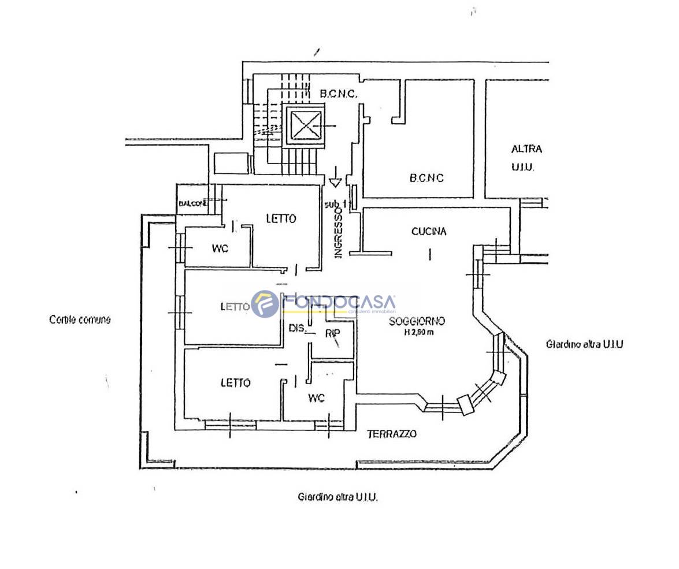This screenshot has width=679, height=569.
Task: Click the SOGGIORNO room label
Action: coord(416,321)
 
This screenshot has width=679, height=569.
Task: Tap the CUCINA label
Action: coord(429,232)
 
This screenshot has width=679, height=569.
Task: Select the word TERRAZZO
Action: coord(392,434)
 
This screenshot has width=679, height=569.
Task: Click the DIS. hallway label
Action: coord(297,328)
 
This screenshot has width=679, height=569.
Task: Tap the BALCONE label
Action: coord(192,203)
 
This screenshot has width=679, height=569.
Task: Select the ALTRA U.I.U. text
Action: coord(526,158)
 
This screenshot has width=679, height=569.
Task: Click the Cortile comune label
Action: coord(80,319)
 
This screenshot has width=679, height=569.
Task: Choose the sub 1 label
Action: coord(335,203)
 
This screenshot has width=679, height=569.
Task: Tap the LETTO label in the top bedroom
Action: coord(281,218)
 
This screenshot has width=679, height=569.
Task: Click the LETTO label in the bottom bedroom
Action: coord(236,382)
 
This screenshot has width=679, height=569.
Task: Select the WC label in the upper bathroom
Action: coord(220,248)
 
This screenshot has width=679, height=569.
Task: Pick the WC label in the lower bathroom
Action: coord(316,398)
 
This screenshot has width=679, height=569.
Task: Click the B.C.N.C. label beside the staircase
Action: coord(340,93)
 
